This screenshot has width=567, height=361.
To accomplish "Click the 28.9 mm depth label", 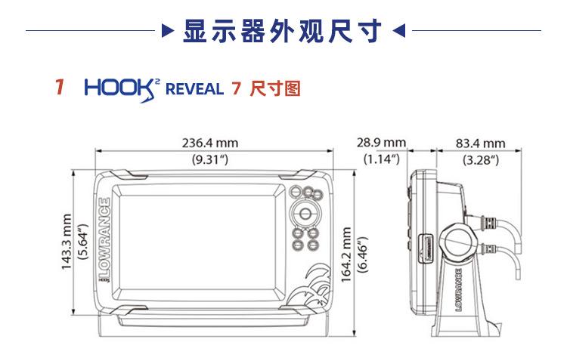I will (381, 143).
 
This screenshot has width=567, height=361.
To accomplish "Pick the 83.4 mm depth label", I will (480, 143).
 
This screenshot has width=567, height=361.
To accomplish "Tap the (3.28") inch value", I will (480, 159).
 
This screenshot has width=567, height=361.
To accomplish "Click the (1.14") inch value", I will (381, 159).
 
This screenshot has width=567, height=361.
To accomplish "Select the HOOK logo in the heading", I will (123, 88).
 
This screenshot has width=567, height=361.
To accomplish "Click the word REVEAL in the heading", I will (194, 89).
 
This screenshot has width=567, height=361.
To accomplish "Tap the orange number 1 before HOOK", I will (59, 88).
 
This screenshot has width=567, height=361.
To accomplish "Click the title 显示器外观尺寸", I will (283, 32).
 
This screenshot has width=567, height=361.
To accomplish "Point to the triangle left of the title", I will (168, 32).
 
